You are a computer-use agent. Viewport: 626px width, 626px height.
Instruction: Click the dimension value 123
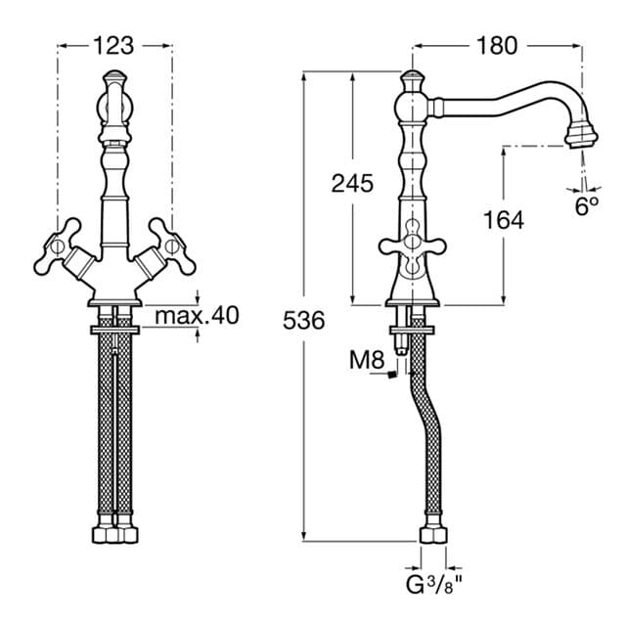click(115, 45)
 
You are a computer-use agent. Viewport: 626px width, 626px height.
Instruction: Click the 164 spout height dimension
click(503, 220)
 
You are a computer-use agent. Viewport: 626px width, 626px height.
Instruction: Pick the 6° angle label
click(585, 205)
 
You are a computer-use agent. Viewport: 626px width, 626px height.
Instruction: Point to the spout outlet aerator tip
click(583, 133)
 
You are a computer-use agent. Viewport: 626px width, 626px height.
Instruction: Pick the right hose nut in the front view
click(128, 536)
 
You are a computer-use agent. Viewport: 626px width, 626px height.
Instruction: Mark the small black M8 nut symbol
click(390, 373)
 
